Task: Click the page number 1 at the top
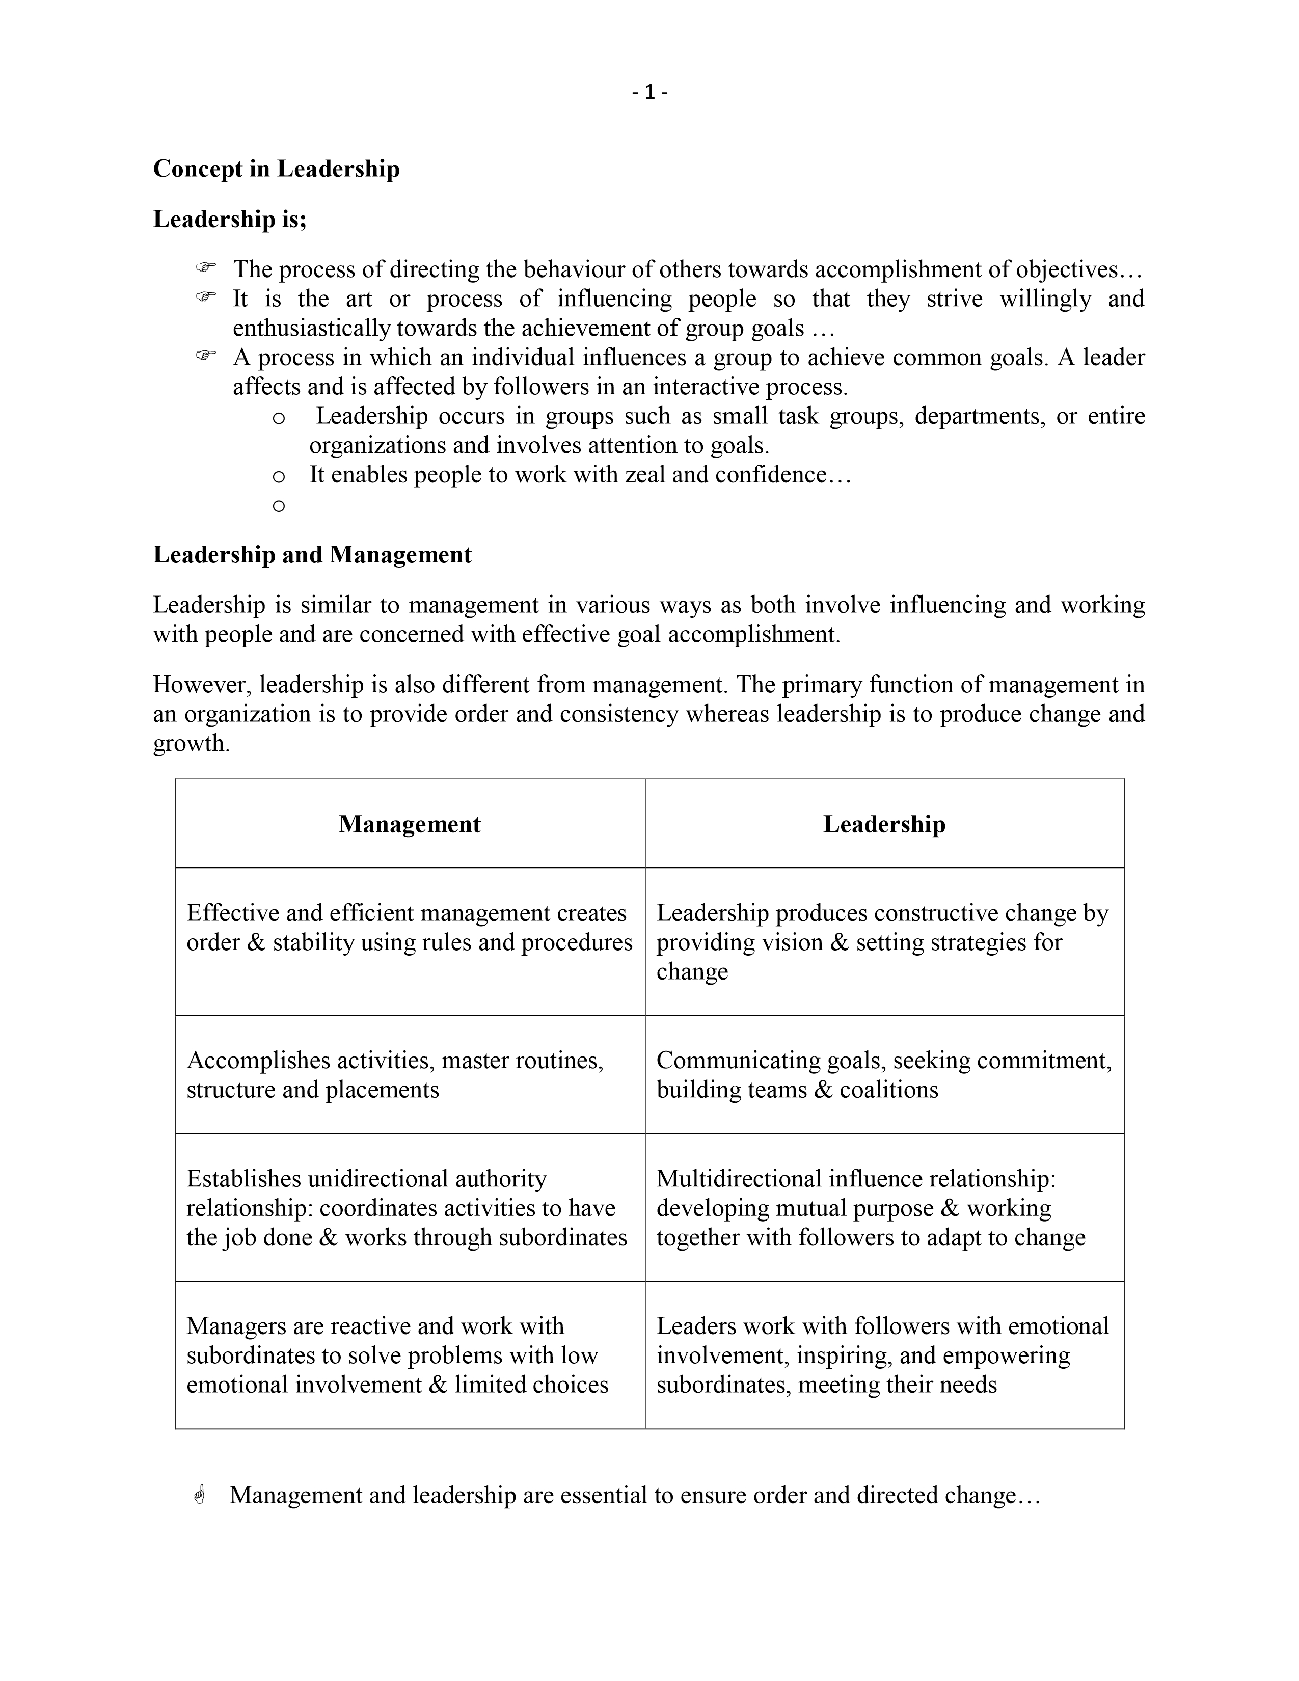tap(649, 92)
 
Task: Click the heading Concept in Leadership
tap(276, 169)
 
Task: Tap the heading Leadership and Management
tap(312, 554)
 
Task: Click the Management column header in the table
tap(410, 824)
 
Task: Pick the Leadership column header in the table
tap(884, 824)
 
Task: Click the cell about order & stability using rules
tap(410, 928)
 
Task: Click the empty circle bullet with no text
tap(279, 506)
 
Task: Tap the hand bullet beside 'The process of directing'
tap(205, 268)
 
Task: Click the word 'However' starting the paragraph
tap(202, 684)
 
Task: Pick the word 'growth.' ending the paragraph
tap(191, 744)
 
